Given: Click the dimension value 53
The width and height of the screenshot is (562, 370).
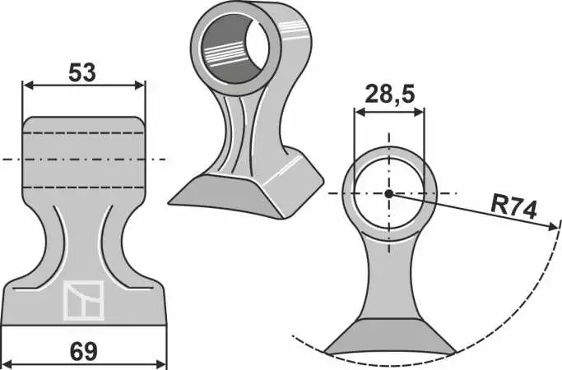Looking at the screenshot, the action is click(82, 72).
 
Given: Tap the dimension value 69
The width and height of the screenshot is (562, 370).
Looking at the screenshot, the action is click(84, 351).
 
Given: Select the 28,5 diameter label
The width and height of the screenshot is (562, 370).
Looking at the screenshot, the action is click(389, 95).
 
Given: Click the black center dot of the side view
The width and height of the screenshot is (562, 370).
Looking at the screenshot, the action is click(389, 194).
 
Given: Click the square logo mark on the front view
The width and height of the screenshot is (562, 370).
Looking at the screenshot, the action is click(84, 300).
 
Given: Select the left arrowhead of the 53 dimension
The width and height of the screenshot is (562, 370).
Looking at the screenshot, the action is click(28, 86).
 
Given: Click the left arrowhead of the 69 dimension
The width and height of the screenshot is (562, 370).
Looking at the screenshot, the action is click(8, 364).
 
